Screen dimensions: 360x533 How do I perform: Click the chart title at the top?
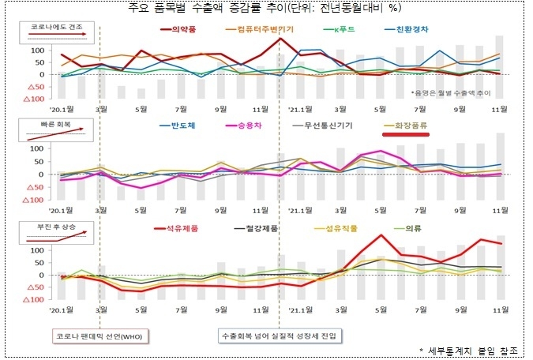tap(266, 8)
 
